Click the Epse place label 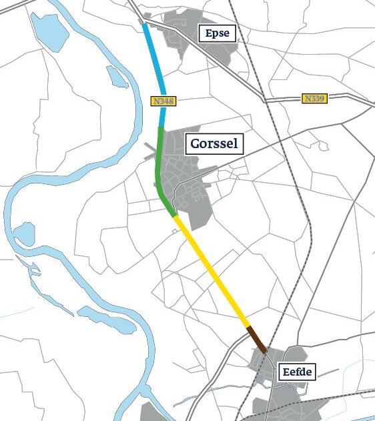coord(218,33)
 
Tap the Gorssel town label coord(214,143)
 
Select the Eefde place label coord(296,372)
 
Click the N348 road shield coord(163,101)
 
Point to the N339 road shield coord(314,99)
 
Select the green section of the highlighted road coord(158,167)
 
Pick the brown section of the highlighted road coord(256,339)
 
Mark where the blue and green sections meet coord(161,127)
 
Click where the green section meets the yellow coord(175,216)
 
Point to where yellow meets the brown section coord(248,327)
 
